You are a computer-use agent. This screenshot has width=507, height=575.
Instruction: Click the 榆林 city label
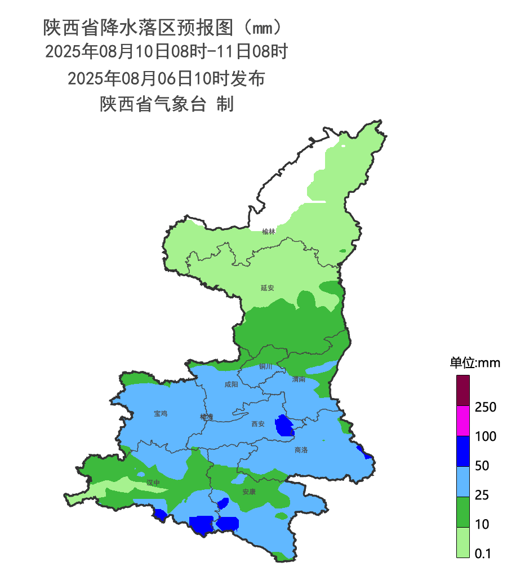[x=269, y=231]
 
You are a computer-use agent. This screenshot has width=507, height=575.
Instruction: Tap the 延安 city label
[x=268, y=287]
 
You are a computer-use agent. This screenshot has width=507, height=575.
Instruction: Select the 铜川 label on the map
[x=265, y=366]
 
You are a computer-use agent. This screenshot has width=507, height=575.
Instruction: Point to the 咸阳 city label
[x=231, y=384]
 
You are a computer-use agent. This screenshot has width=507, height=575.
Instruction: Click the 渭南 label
[x=299, y=379]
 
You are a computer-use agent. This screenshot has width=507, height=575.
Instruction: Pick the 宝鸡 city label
[x=161, y=413]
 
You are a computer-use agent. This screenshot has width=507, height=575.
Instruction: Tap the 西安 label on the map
[x=257, y=424]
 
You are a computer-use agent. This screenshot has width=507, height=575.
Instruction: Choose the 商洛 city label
[x=301, y=450]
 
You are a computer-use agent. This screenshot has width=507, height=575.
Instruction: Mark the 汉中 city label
[x=153, y=483]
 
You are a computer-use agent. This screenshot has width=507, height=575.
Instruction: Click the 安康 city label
[x=249, y=492]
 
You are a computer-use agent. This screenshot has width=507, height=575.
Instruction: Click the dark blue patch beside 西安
[x=284, y=426]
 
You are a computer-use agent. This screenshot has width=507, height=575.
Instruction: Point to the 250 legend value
[x=486, y=407]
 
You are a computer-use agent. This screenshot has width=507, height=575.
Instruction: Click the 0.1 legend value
[x=483, y=554]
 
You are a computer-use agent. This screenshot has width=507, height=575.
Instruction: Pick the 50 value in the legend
[x=482, y=466]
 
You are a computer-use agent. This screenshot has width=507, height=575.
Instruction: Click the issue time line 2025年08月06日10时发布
[x=166, y=78]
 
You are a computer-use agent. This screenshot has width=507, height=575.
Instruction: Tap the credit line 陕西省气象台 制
[x=167, y=104]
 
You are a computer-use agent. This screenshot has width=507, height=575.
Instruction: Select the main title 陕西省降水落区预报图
[x=140, y=26]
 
